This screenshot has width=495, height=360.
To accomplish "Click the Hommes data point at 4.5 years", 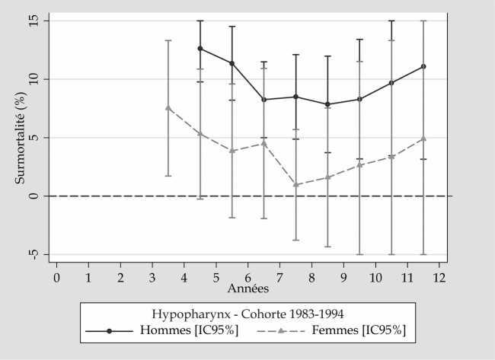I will tap(200, 49).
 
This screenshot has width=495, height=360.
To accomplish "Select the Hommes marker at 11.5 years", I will tap(423, 67).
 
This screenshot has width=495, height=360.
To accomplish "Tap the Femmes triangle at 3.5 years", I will tap(168, 108).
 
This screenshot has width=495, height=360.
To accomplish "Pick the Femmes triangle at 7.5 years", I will tap(295, 185).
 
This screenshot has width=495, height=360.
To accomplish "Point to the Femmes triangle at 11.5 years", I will tap(423, 139).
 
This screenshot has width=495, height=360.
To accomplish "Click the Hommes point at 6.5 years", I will tap(263, 100).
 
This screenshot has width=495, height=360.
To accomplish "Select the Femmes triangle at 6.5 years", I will tap(263, 143).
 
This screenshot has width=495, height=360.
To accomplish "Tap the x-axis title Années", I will tap(247, 288).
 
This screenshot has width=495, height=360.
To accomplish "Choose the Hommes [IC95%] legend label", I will tap(177, 330).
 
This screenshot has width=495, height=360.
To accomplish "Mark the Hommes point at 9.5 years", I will tap(359, 99).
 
